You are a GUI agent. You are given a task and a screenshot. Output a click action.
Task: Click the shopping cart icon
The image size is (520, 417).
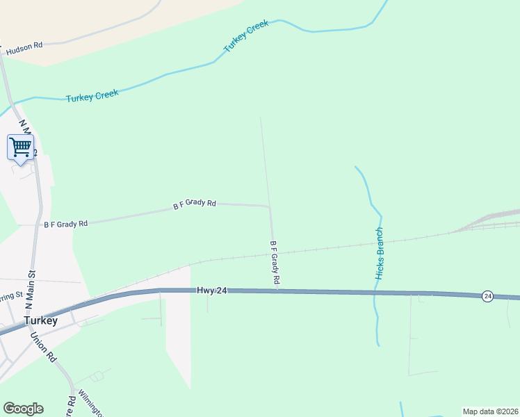pyautogui.click(x=21, y=147)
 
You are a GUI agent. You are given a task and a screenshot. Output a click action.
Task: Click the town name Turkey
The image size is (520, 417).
pyautogui.click(x=40, y=321)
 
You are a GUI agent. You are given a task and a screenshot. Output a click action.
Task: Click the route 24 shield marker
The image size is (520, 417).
pyautogui.click(x=487, y=296)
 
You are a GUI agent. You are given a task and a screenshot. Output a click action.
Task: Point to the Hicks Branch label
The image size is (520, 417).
pyautogui.click(x=380, y=254)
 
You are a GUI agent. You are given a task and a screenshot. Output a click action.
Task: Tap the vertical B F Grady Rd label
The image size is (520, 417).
pyautogui.click(x=275, y=262)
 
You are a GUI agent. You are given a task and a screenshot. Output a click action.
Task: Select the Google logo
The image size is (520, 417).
pyautogui.click(x=23, y=409)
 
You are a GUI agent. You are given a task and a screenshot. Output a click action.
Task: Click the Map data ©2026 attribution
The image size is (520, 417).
pyautogui.click(x=491, y=411)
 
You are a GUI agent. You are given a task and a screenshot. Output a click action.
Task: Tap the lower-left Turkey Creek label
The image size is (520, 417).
pyautogui.click(x=92, y=96)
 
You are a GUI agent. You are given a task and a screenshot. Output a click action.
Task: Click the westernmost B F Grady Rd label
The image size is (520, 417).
pyautogui.click(x=66, y=224)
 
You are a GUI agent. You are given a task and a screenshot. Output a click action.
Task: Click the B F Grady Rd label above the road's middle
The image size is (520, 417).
pyautogui.click(x=195, y=204)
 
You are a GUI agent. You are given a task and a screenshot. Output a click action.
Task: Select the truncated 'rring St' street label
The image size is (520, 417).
pyautogui.click(x=11, y=297)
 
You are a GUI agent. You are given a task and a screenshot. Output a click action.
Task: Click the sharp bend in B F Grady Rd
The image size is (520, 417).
pyautogui.click(x=269, y=206)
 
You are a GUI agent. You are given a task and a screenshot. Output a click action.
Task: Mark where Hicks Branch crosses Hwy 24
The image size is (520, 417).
pyautogui.click(x=375, y=293)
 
